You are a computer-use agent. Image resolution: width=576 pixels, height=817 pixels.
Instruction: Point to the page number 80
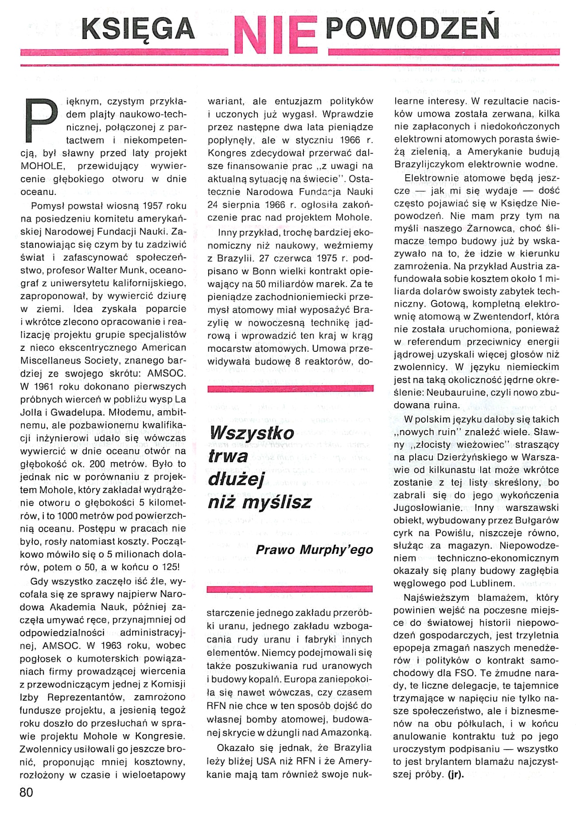click(x=27, y=792)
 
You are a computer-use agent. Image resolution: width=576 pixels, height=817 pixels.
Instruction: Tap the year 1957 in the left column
click(x=150, y=206)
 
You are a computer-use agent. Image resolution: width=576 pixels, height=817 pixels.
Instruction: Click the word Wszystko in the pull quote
click(x=252, y=432)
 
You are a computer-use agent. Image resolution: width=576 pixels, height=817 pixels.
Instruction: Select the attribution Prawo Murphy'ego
click(x=314, y=550)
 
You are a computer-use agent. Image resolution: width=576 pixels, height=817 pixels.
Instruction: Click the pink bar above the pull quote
click(x=290, y=389)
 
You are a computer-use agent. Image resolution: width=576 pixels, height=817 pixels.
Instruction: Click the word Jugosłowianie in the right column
click(x=422, y=508)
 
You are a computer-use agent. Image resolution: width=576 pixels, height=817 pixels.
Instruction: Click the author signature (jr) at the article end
click(x=455, y=775)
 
